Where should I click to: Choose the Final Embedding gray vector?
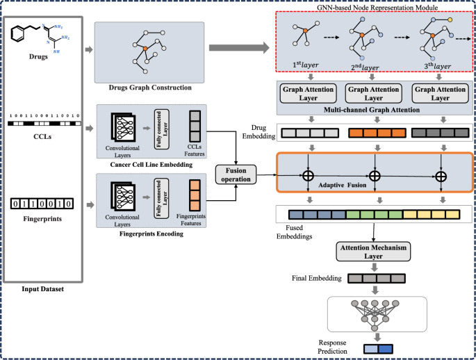[375, 279]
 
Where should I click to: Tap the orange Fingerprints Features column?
[195, 195]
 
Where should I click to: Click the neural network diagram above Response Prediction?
[375, 314]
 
